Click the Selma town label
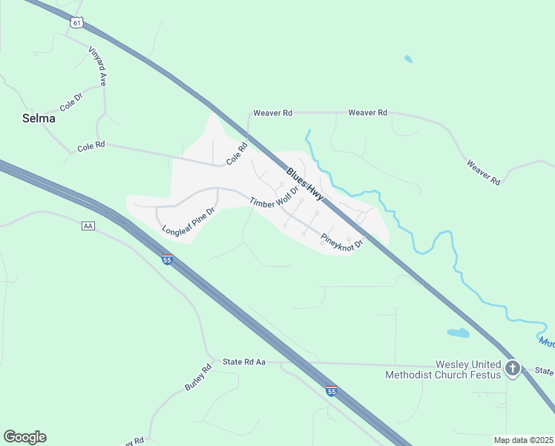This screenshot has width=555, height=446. (37, 118)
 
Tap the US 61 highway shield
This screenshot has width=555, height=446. (77, 23)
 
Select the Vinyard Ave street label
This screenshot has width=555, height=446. (97, 66)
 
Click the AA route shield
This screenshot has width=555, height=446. (89, 225)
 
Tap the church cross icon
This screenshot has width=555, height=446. (512, 368)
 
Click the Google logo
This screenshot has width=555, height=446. (24, 437)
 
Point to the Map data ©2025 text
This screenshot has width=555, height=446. (522, 440)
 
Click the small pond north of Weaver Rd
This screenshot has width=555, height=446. (407, 59)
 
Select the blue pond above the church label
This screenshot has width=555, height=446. (458, 333)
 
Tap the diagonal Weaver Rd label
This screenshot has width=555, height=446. (483, 172)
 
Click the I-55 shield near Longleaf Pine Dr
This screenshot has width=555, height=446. (167, 259)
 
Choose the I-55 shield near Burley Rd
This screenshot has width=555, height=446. (331, 390)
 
